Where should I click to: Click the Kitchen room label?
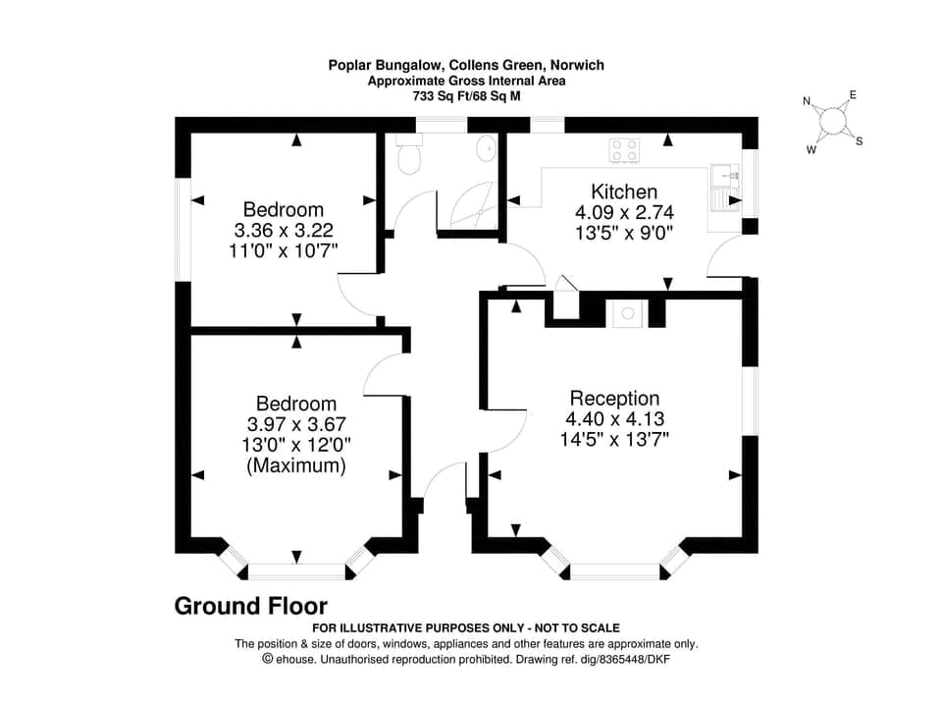click(x=624, y=191)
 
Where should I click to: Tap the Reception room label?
click(x=614, y=398)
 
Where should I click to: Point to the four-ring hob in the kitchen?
click(x=624, y=150)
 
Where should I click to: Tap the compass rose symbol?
click(x=833, y=121)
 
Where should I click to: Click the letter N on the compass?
click(x=807, y=101)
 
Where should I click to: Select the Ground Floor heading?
click(x=250, y=606)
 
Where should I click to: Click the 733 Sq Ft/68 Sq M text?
click(x=466, y=96)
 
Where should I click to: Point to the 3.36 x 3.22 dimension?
click(x=284, y=230)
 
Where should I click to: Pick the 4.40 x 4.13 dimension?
click(x=614, y=418)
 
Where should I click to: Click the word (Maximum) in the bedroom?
click(x=296, y=466)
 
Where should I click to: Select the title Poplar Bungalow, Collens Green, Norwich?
click(x=466, y=66)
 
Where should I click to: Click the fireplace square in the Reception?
click(x=626, y=314)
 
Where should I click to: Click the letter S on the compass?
click(x=859, y=141)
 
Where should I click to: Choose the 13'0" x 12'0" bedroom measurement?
click(x=296, y=445)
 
